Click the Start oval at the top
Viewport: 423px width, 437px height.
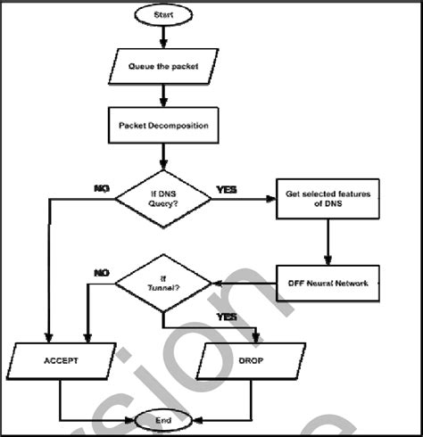(162, 14)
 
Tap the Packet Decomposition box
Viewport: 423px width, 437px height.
(162, 125)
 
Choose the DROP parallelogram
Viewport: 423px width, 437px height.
(257, 364)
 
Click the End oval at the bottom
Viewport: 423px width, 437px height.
(162, 419)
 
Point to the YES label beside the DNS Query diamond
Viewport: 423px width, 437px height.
(228, 189)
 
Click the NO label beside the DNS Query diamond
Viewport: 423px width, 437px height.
(101, 187)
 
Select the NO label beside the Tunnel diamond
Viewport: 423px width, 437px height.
(101, 272)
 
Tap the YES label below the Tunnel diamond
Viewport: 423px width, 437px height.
(226, 317)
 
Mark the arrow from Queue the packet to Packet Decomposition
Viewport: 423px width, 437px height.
(162, 94)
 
